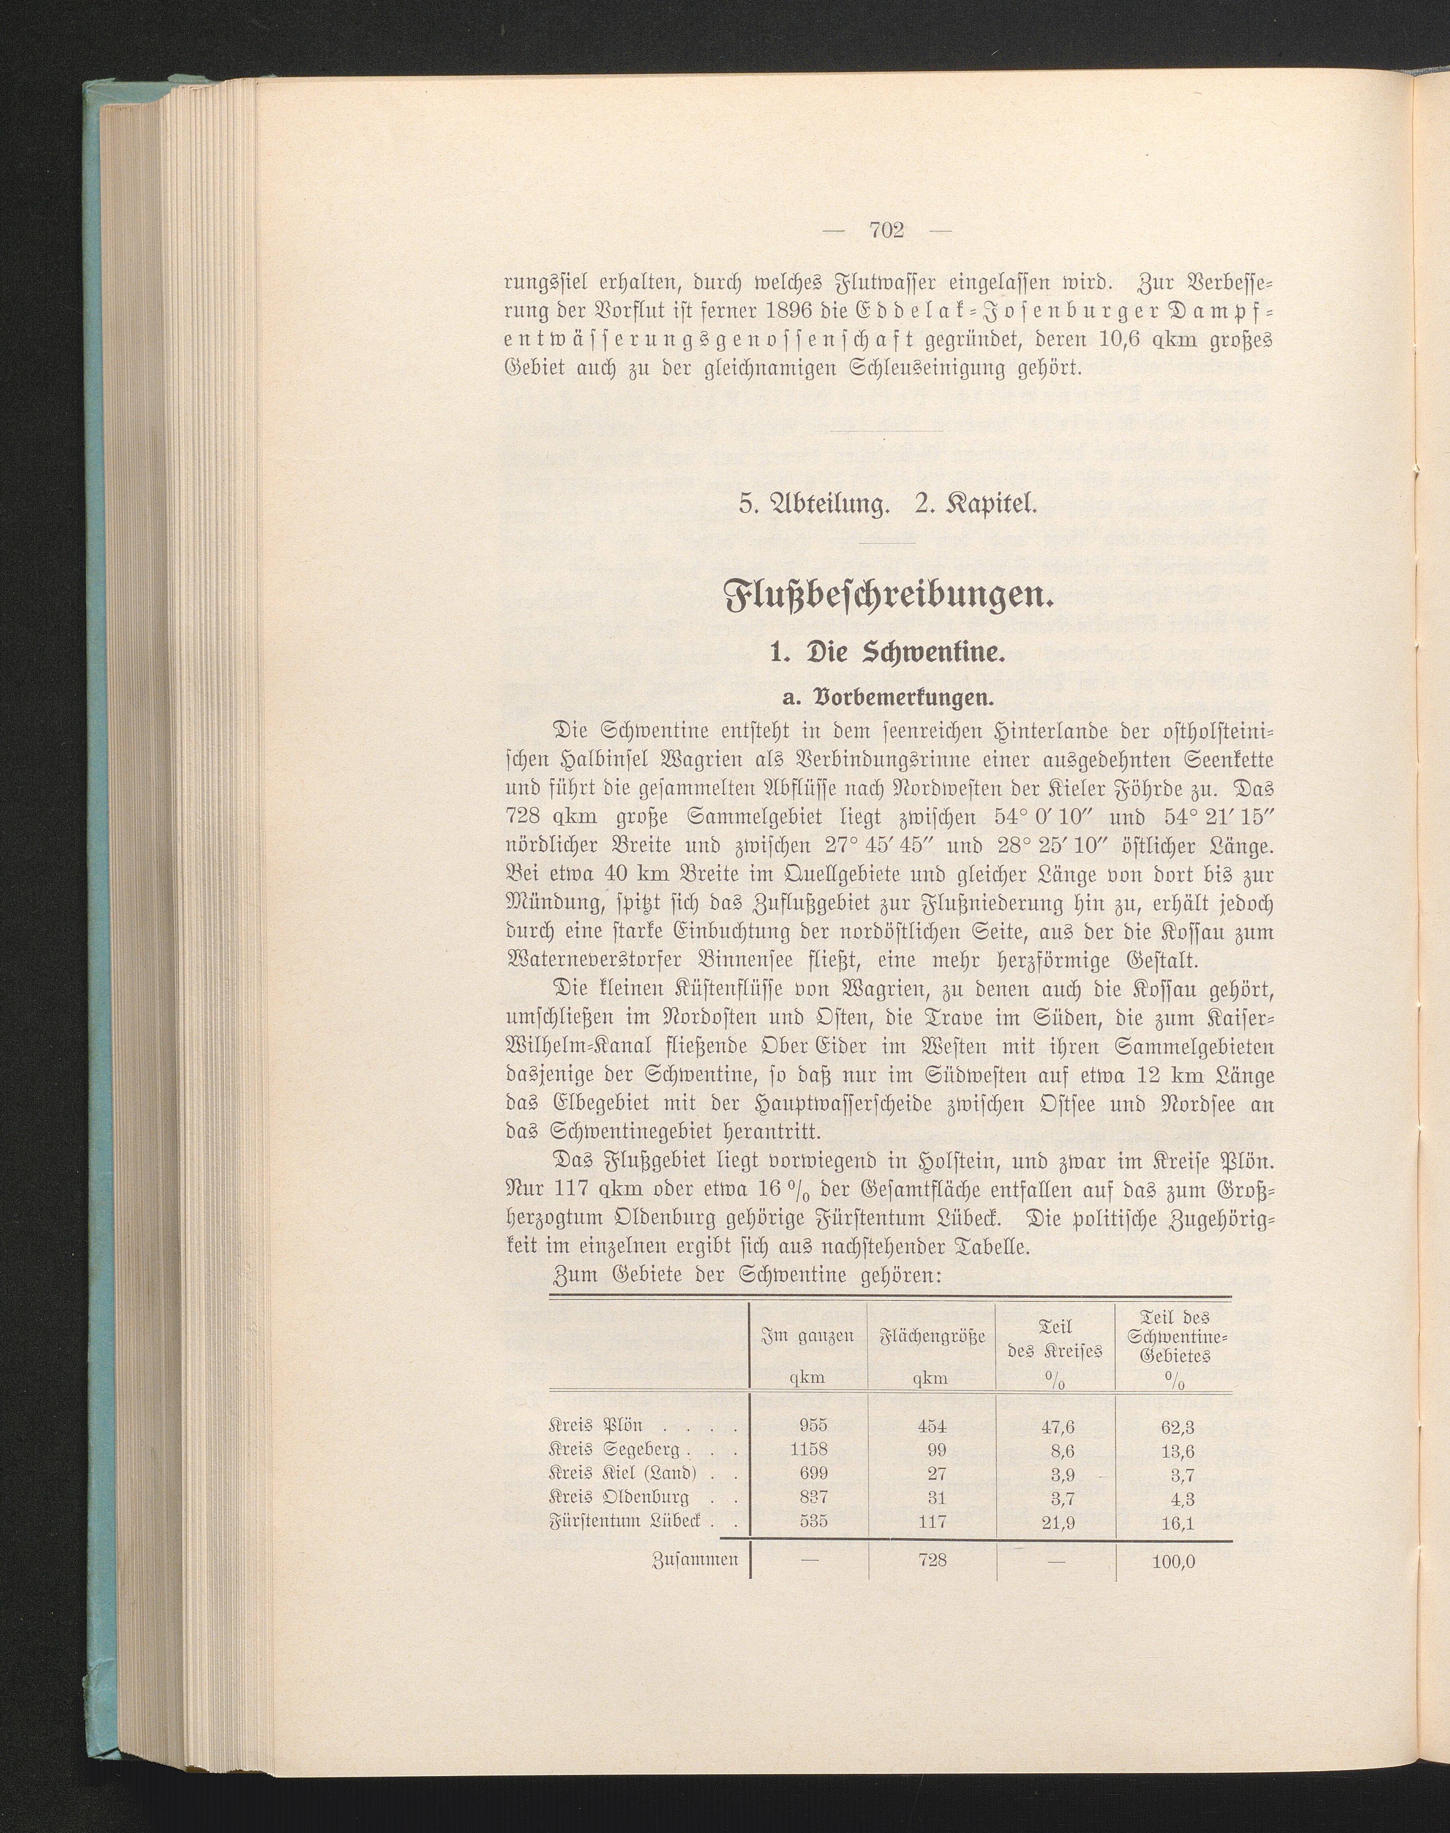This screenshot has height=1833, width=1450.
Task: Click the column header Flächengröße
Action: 931,1336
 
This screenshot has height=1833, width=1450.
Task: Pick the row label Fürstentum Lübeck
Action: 626,1522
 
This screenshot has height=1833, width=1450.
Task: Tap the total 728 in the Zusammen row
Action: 932,1560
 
